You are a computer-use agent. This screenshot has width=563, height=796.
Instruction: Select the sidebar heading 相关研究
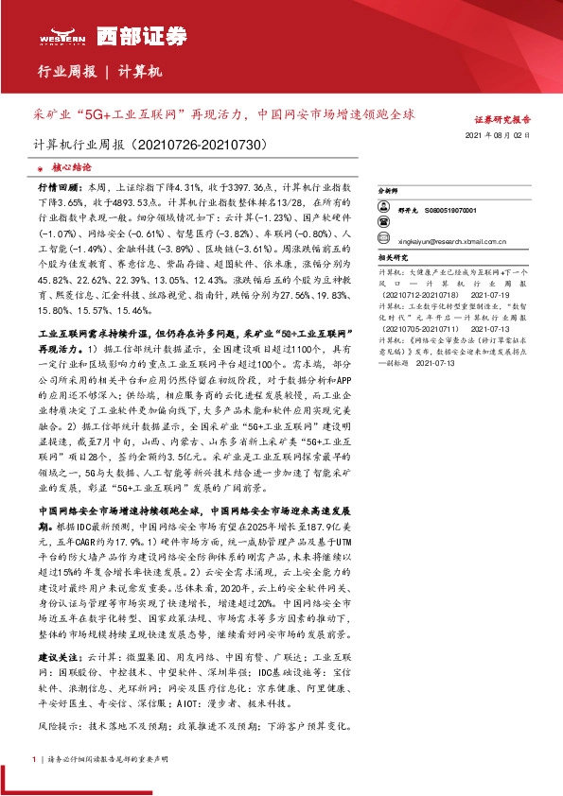coord(392,257)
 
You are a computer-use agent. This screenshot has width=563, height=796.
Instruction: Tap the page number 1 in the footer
coord(34,759)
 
